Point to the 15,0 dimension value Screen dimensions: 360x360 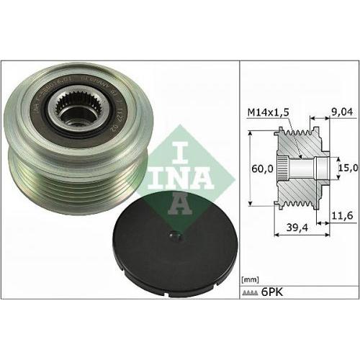(x=348, y=168)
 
